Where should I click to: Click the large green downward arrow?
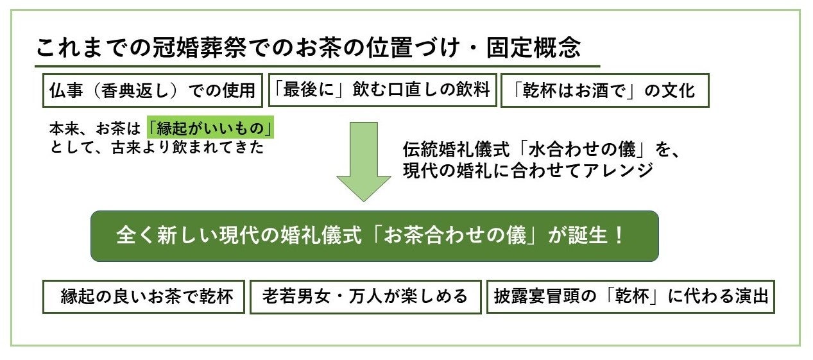point(363,161)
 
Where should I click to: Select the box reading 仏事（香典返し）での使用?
point(152,90)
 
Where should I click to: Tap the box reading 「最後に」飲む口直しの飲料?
point(381,90)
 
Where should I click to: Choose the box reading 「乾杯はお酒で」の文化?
point(604,90)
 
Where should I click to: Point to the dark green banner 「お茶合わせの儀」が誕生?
point(374,236)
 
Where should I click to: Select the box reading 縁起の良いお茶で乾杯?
point(144,296)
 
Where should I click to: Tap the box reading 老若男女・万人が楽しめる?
point(365,296)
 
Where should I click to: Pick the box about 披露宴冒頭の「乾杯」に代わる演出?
point(631,296)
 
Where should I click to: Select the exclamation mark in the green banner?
point(619,236)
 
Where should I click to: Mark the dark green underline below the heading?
point(317,66)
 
